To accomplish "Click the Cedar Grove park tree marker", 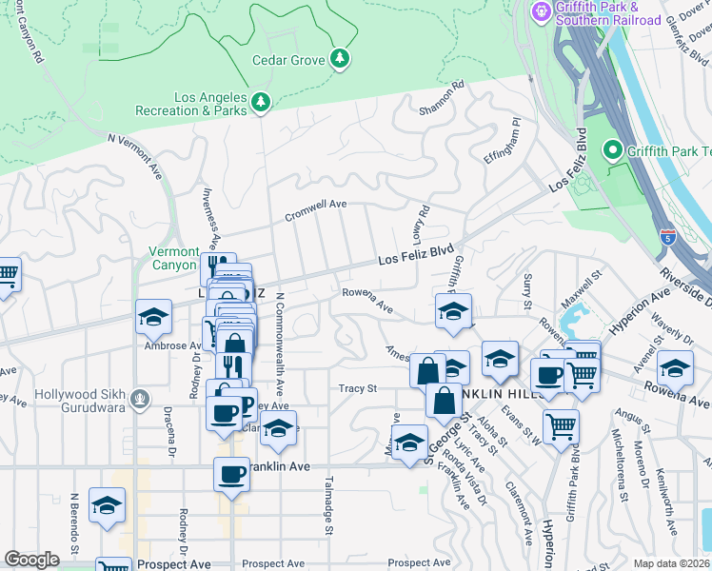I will pos(340,60).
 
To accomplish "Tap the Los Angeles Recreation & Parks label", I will pos(210,104).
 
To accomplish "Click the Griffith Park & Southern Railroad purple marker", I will pos(542,11).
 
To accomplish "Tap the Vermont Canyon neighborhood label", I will pos(174,258).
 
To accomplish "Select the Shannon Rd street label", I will pos(441,99).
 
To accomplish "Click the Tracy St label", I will pos(358,388).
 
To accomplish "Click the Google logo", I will pos(31,560).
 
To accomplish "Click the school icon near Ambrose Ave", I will pos(153,319).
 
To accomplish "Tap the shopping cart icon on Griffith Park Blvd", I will pos(562,426).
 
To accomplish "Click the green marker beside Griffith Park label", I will pos(613,150).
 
